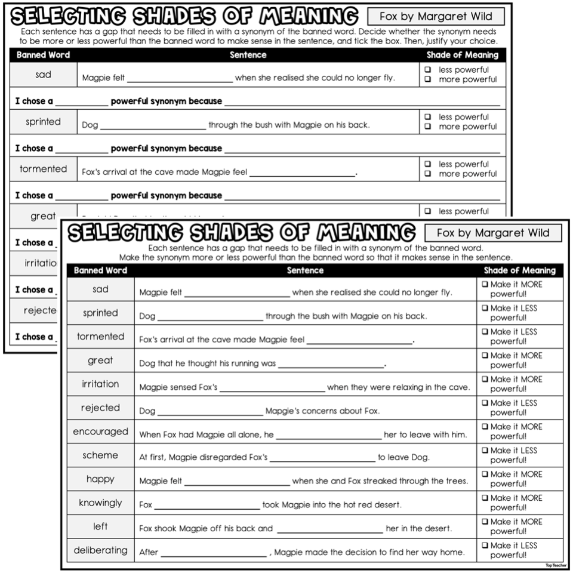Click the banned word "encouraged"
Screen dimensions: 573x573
coord(100,432)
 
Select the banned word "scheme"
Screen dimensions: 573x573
coord(100,455)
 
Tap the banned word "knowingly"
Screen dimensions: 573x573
coord(100,503)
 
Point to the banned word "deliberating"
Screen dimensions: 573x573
coord(100,550)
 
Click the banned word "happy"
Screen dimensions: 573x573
coord(100,479)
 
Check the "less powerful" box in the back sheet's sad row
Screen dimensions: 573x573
coord(427,70)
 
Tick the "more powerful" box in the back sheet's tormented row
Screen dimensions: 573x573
coord(427,174)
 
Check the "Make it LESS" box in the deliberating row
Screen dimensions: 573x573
coord(485,546)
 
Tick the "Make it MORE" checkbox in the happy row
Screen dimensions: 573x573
coord(485,475)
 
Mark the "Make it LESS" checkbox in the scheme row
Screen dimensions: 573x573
coord(485,451)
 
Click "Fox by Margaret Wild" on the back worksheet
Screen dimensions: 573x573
coord(436,16)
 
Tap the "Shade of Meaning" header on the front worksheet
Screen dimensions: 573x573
coord(519,270)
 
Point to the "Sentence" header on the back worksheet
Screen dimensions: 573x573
coord(248,55)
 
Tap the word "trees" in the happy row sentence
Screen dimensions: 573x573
coord(456,481)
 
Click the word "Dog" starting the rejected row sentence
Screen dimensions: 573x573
coord(147,411)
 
